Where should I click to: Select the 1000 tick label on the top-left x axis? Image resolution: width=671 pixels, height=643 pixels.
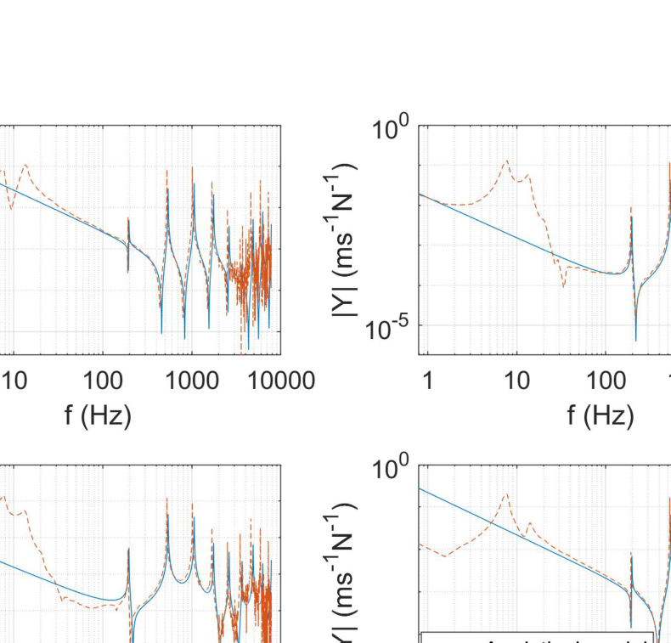[x=192, y=381]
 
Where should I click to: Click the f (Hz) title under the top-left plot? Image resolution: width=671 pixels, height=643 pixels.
[x=98, y=415]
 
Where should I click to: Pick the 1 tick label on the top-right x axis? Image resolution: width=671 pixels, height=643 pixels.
[x=427, y=381]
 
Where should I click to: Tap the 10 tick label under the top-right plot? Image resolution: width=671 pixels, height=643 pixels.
[x=516, y=381]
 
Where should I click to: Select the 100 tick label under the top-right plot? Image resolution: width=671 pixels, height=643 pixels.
[x=605, y=381]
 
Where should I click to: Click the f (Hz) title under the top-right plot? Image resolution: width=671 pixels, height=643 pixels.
[x=601, y=415]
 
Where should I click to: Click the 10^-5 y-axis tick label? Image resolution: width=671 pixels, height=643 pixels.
[x=386, y=328]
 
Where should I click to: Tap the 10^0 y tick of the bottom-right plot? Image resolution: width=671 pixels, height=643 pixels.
[x=391, y=470]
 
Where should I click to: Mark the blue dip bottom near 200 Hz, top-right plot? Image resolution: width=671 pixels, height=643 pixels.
[x=635, y=341]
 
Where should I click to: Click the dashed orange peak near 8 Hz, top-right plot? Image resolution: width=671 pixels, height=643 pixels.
[x=507, y=161]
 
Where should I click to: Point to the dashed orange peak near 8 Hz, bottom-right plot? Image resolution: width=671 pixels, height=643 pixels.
[x=507, y=494]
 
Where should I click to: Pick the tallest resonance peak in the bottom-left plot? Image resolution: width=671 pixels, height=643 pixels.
[x=166, y=499]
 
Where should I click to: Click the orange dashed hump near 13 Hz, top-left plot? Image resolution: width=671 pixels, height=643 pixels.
[x=25, y=165]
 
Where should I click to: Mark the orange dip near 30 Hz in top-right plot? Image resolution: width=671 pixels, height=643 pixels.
[x=563, y=286]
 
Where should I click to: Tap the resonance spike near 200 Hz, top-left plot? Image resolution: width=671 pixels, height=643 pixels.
[x=128, y=218]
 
